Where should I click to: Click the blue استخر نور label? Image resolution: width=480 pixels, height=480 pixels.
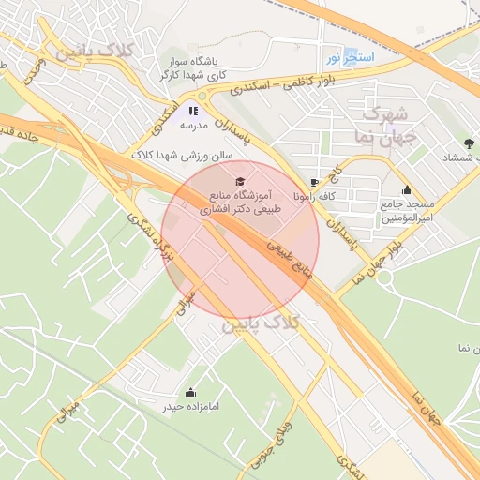tap(350, 58)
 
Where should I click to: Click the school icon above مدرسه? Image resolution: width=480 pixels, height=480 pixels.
tap(194, 111)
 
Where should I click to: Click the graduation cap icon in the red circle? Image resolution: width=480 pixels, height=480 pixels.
tap(239, 179)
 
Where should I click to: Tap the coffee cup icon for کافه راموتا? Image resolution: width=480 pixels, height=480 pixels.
tap(313, 183)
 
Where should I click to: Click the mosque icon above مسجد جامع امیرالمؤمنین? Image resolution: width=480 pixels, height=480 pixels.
tap(406, 190)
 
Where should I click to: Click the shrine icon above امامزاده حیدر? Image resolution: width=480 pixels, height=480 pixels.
tap(191, 392)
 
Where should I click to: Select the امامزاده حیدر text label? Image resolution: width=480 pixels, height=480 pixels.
tap(191, 406)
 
